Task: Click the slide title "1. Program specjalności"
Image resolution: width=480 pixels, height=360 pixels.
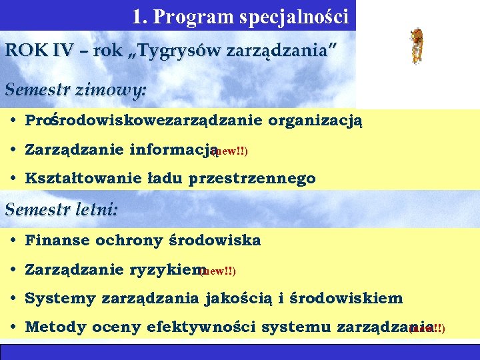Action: (x=240, y=16)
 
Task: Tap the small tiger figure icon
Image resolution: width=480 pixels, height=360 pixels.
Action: (x=417, y=46)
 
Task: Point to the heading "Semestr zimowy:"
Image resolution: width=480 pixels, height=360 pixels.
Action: (x=76, y=90)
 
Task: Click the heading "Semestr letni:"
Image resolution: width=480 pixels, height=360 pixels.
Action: (x=62, y=210)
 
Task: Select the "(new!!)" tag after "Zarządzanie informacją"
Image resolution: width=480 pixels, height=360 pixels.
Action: (x=230, y=152)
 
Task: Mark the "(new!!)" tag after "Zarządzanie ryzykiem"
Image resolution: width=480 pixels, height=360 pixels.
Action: (x=219, y=271)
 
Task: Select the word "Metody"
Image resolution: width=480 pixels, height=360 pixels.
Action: (x=52, y=327)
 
